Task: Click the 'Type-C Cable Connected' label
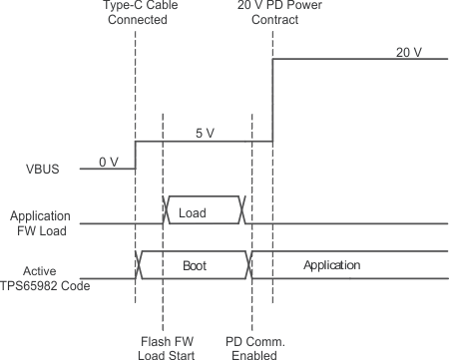coord(136,14)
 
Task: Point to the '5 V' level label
coord(205,133)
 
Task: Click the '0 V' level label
coord(108,161)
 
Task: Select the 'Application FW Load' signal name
coord(39,222)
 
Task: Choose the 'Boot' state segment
coord(196,266)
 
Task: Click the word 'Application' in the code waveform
coord(330,266)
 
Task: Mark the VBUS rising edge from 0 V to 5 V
coord(136,156)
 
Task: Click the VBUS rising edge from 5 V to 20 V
coord(272,100)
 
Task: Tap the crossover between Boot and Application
coord(252,264)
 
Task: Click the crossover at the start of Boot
coord(140,264)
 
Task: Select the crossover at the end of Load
coord(240,210)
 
